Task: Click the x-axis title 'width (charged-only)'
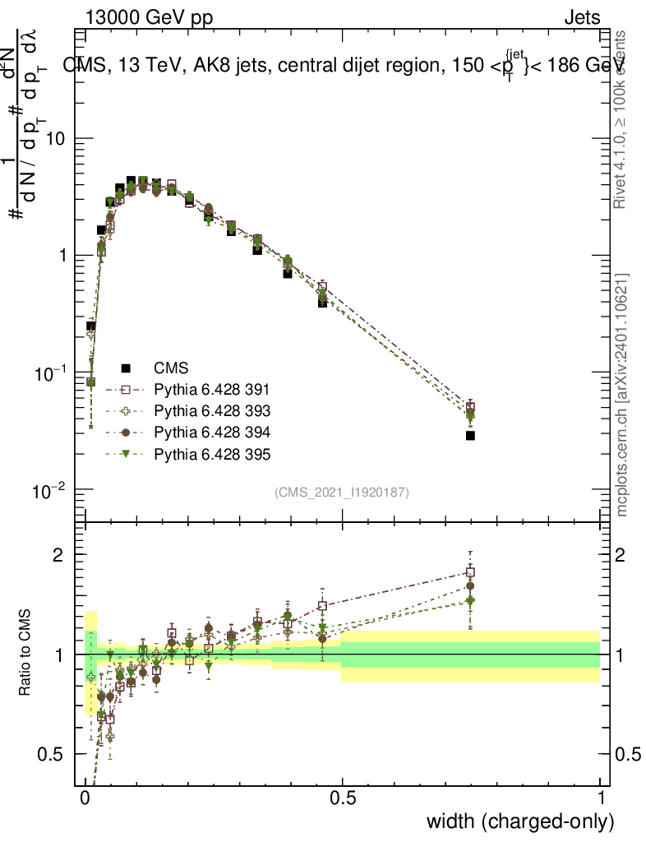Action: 520,821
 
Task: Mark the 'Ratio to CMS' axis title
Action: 25,653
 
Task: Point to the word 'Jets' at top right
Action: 582,17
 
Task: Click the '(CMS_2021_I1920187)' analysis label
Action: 342,492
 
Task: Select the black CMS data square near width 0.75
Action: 470,435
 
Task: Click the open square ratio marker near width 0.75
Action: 470,572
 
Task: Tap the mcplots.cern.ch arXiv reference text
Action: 622,395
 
